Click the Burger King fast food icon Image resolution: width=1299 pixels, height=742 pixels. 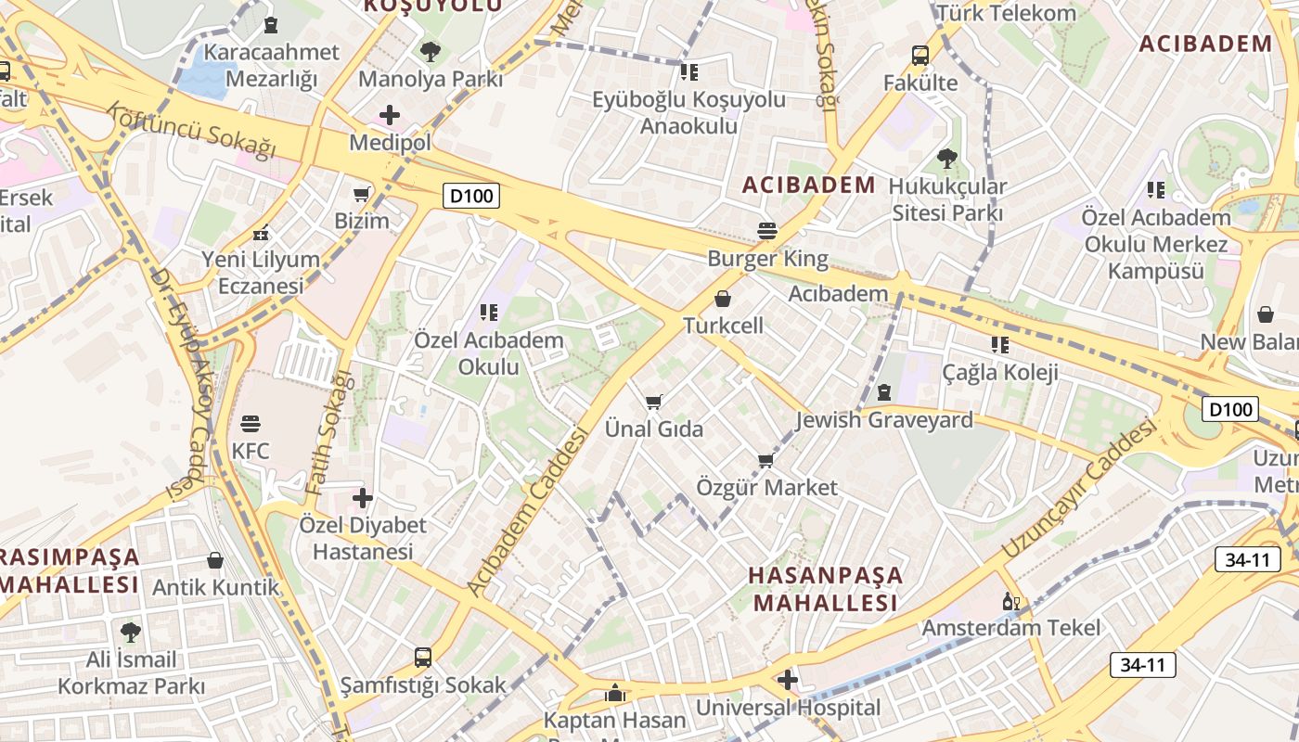click(x=767, y=230)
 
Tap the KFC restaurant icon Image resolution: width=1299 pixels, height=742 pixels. click(x=251, y=425)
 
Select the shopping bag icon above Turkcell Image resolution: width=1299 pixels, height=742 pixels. click(x=723, y=299)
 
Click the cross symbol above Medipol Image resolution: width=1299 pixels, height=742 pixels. click(x=390, y=115)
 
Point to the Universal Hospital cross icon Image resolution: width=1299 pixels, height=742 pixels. click(x=788, y=681)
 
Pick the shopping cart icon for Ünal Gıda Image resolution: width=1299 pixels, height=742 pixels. click(x=654, y=403)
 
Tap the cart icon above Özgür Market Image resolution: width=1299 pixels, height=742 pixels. click(x=765, y=460)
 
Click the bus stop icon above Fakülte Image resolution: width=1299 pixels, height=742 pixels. click(x=920, y=56)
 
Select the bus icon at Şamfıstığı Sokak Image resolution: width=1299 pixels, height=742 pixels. click(x=423, y=658)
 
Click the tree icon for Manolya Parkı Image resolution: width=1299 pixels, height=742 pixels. click(x=430, y=51)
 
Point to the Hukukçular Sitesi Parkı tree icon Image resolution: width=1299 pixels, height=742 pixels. click(x=947, y=159)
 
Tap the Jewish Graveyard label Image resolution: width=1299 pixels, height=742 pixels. click(x=884, y=420)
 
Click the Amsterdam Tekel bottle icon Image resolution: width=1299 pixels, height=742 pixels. click(x=1010, y=602)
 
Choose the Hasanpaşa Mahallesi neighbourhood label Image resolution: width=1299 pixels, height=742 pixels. click(x=825, y=589)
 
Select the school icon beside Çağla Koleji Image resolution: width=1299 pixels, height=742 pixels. click(x=999, y=345)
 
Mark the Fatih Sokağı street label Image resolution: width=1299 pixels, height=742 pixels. click(x=331, y=431)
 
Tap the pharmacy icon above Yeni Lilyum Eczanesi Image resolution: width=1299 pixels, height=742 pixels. click(x=262, y=233)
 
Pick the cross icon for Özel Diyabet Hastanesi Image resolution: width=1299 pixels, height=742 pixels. click(x=363, y=498)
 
